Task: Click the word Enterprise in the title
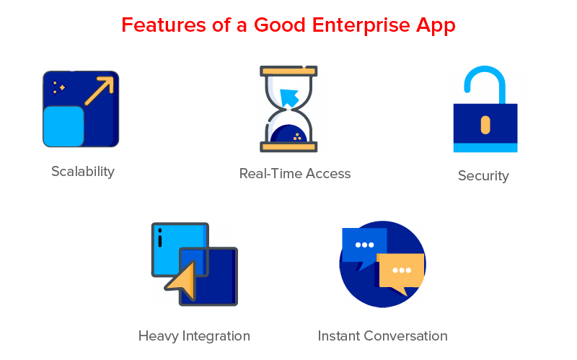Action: coord(361,26)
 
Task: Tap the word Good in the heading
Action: coord(280,25)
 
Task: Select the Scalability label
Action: coord(83,172)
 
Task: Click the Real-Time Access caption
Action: coord(295,173)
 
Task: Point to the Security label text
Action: coord(483,176)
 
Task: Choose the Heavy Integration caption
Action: coord(194,336)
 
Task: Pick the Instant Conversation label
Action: coord(382,336)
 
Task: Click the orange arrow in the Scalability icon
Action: coord(100,91)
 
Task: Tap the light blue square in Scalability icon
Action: coord(63,126)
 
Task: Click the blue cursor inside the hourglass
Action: coord(289,98)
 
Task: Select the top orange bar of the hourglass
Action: coord(288,71)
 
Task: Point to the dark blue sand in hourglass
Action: coord(288,134)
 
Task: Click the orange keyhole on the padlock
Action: coord(485,125)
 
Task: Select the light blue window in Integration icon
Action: coord(180,250)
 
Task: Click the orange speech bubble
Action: coord(400,273)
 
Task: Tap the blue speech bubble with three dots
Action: coord(364,246)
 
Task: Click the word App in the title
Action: coord(436,27)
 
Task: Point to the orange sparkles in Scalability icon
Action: coord(59,87)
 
